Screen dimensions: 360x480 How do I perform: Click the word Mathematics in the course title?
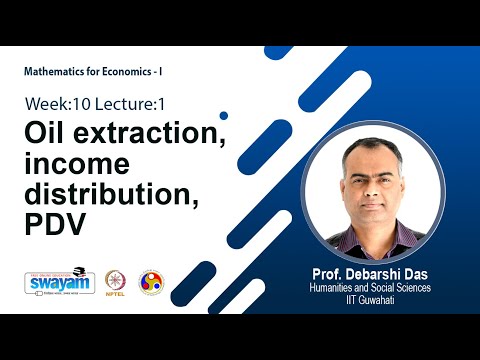(56, 74)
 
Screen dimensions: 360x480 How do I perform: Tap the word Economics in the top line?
(131, 74)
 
